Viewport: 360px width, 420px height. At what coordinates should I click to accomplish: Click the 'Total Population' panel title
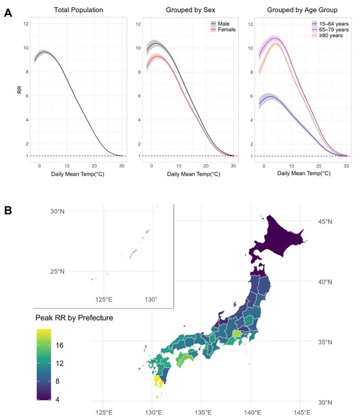79,10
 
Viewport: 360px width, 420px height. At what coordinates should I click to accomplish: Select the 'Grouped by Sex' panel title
191,10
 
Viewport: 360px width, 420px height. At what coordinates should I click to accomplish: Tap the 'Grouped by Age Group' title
302,10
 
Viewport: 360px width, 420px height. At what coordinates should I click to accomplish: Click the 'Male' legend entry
220,24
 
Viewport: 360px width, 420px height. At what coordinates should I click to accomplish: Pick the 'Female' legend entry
223,29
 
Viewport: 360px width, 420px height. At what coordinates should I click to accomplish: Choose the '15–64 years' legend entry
330,24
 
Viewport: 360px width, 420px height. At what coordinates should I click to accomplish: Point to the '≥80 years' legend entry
327,35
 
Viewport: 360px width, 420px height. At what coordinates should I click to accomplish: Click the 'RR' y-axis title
19,90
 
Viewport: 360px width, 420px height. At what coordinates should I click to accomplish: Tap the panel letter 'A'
8,13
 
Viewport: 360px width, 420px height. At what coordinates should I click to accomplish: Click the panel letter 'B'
8,210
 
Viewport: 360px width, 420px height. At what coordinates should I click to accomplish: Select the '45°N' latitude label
324,222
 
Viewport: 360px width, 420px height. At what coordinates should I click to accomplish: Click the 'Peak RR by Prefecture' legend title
74,317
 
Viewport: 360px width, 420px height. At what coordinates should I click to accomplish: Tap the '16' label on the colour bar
59,345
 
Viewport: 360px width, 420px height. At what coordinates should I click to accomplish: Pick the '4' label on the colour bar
58,399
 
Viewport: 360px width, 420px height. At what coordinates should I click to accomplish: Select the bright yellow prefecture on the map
158,382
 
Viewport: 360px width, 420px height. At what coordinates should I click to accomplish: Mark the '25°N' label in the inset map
57,272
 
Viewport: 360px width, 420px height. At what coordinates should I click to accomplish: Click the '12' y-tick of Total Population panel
26,24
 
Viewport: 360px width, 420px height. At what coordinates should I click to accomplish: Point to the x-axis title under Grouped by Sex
194,174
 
